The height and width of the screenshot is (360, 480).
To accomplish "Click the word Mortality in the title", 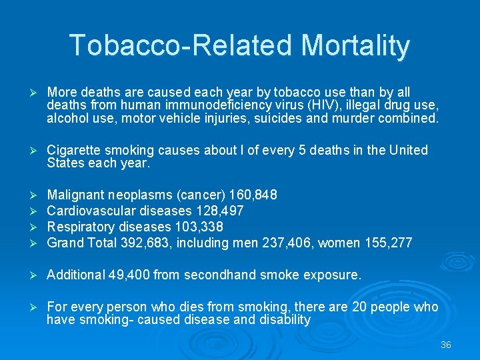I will [x=355, y=45].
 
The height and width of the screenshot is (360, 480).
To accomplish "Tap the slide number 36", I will [x=446, y=345].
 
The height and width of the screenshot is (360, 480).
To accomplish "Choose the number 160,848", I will [x=253, y=195].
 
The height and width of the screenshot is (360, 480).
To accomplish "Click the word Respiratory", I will [x=79, y=227].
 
